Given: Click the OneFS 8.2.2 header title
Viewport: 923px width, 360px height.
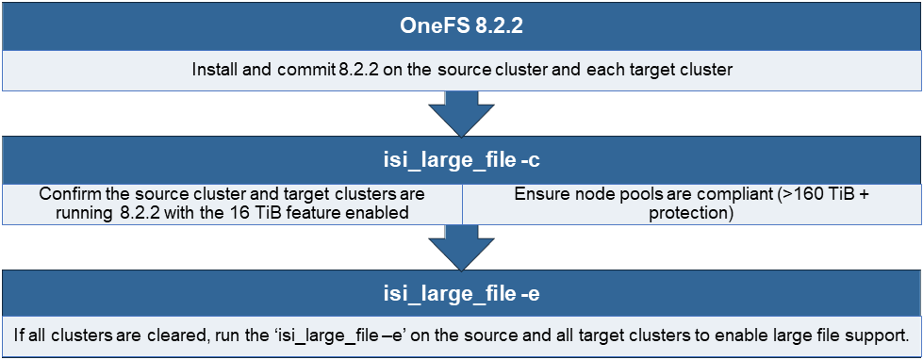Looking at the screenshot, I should (x=461, y=25).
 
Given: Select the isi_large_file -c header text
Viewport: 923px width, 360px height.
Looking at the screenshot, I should (x=461, y=161).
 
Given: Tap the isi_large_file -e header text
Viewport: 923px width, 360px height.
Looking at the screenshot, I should (x=461, y=296).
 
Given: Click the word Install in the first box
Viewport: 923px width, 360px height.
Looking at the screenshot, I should (x=213, y=71).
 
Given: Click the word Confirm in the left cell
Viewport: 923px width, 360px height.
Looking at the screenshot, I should (x=69, y=194).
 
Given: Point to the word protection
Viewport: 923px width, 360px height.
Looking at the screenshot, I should (x=691, y=213).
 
